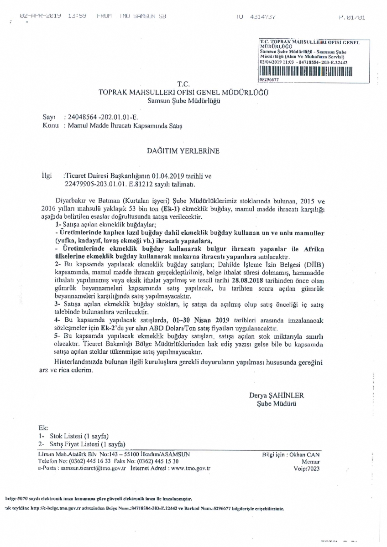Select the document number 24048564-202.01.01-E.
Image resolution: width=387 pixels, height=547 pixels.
point(97,117)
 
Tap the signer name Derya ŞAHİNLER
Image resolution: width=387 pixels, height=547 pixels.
point(276,395)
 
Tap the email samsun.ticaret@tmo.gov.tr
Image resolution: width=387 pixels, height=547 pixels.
point(93,468)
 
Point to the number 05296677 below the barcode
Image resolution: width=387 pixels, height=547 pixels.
point(268,78)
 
